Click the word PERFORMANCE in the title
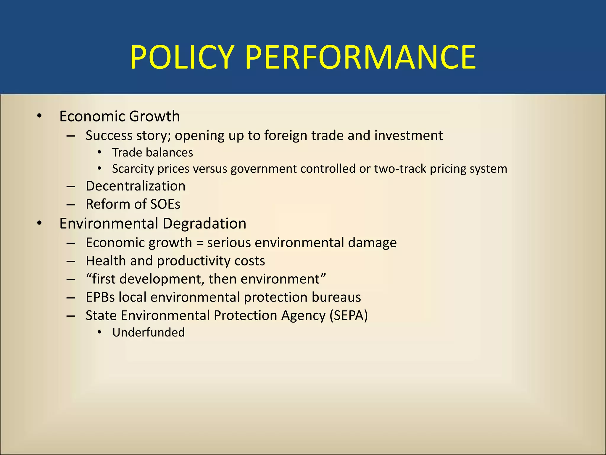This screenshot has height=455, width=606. click(x=360, y=57)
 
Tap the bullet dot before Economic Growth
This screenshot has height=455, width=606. click(x=39, y=116)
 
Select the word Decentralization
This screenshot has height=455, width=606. click(x=136, y=186)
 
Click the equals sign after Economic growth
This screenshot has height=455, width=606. click(x=200, y=243)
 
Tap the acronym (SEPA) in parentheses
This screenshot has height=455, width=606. click(x=349, y=315)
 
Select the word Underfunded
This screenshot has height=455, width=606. click(x=149, y=333)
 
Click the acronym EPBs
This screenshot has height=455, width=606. click(x=100, y=297)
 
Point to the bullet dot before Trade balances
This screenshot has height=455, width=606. click(x=100, y=153)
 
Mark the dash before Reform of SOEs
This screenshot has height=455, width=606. click(x=71, y=205)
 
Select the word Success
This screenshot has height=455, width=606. click(x=109, y=136)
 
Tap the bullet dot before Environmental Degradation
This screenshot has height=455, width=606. click(x=39, y=223)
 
